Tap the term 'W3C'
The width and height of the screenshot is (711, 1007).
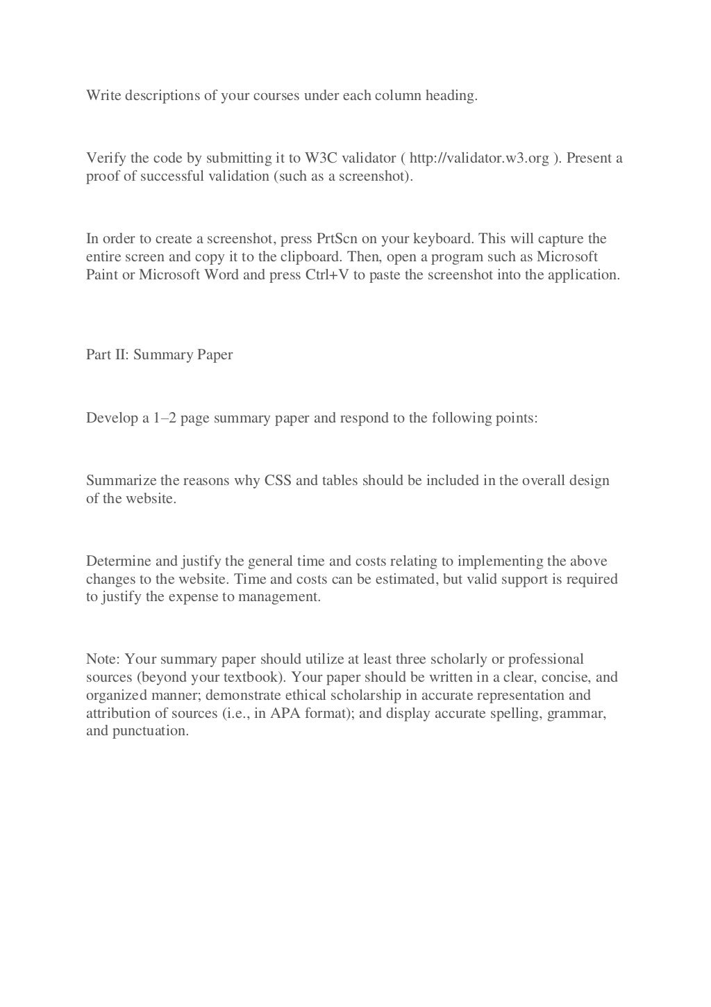[321, 158]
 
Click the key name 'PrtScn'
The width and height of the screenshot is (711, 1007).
[337, 238]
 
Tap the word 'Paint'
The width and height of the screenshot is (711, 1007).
[101, 275]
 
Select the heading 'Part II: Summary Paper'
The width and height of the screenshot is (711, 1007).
[159, 354]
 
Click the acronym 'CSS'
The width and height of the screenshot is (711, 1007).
[278, 480]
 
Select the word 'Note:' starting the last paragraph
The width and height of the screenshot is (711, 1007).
[103, 658]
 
